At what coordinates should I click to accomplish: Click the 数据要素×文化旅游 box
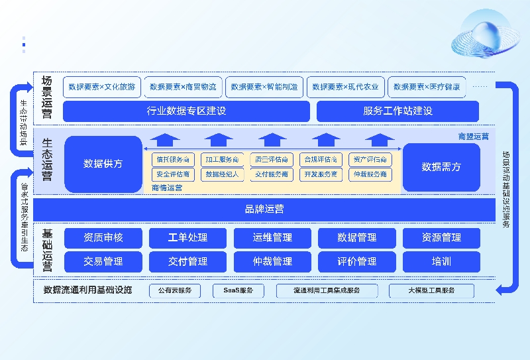[101, 87]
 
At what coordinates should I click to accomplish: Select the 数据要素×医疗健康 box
[426, 87]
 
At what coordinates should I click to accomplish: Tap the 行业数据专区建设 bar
[186, 111]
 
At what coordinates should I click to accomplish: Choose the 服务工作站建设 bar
[397, 111]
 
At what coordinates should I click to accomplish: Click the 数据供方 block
[103, 164]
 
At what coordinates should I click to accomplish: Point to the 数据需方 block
[441, 167]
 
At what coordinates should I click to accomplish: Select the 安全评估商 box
[173, 174]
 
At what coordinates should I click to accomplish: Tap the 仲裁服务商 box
[370, 174]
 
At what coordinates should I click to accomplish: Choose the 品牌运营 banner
[264, 209]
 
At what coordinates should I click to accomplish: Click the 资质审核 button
[103, 237]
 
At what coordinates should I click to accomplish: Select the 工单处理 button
[187, 237]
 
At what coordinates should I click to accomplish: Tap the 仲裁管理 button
[272, 261]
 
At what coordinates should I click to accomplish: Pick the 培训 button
[441, 261]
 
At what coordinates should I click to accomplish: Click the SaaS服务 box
[238, 290]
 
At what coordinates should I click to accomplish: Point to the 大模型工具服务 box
[431, 290]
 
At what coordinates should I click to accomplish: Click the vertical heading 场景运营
[46, 93]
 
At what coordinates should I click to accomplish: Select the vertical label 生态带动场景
[24, 123]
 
